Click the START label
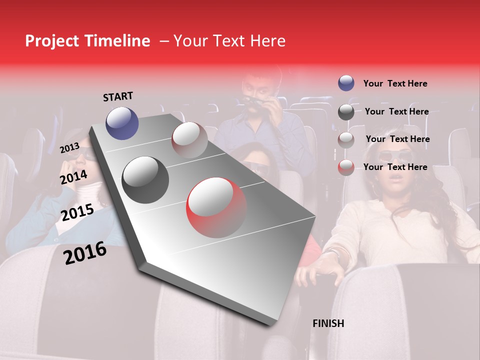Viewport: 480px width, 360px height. click(118, 96)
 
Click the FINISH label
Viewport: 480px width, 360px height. click(328, 323)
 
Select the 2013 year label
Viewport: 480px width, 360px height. click(69, 147)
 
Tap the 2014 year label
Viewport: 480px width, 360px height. click(73, 177)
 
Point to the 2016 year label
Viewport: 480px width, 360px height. click(85, 252)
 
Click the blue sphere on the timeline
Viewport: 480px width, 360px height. click(122, 123)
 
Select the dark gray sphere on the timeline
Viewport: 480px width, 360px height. click(145, 179)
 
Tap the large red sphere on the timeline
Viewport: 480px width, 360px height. click(216, 207)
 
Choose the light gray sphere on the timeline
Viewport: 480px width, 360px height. click(189, 139)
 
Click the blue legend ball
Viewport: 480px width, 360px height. click(346, 83)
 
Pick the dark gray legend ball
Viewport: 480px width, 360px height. click(346, 112)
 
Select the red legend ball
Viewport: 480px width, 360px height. click(346, 167)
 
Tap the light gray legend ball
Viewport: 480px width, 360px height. click(346, 139)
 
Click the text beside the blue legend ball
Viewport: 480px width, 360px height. click(395, 83)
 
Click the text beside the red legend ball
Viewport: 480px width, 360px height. click(395, 167)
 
